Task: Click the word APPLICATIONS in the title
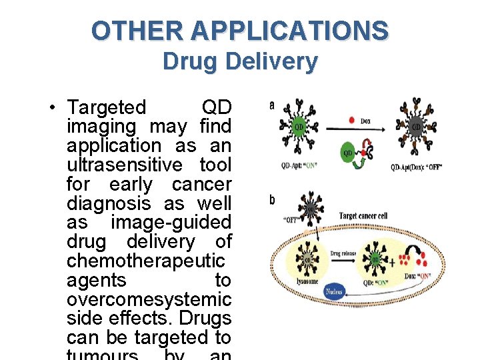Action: [289, 31]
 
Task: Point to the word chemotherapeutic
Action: [146, 261]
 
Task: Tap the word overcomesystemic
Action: [149, 299]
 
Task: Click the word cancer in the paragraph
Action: [201, 184]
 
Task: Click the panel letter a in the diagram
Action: [271, 105]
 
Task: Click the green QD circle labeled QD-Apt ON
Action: [299, 126]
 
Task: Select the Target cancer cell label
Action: [363, 216]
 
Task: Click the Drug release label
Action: [344, 254]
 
